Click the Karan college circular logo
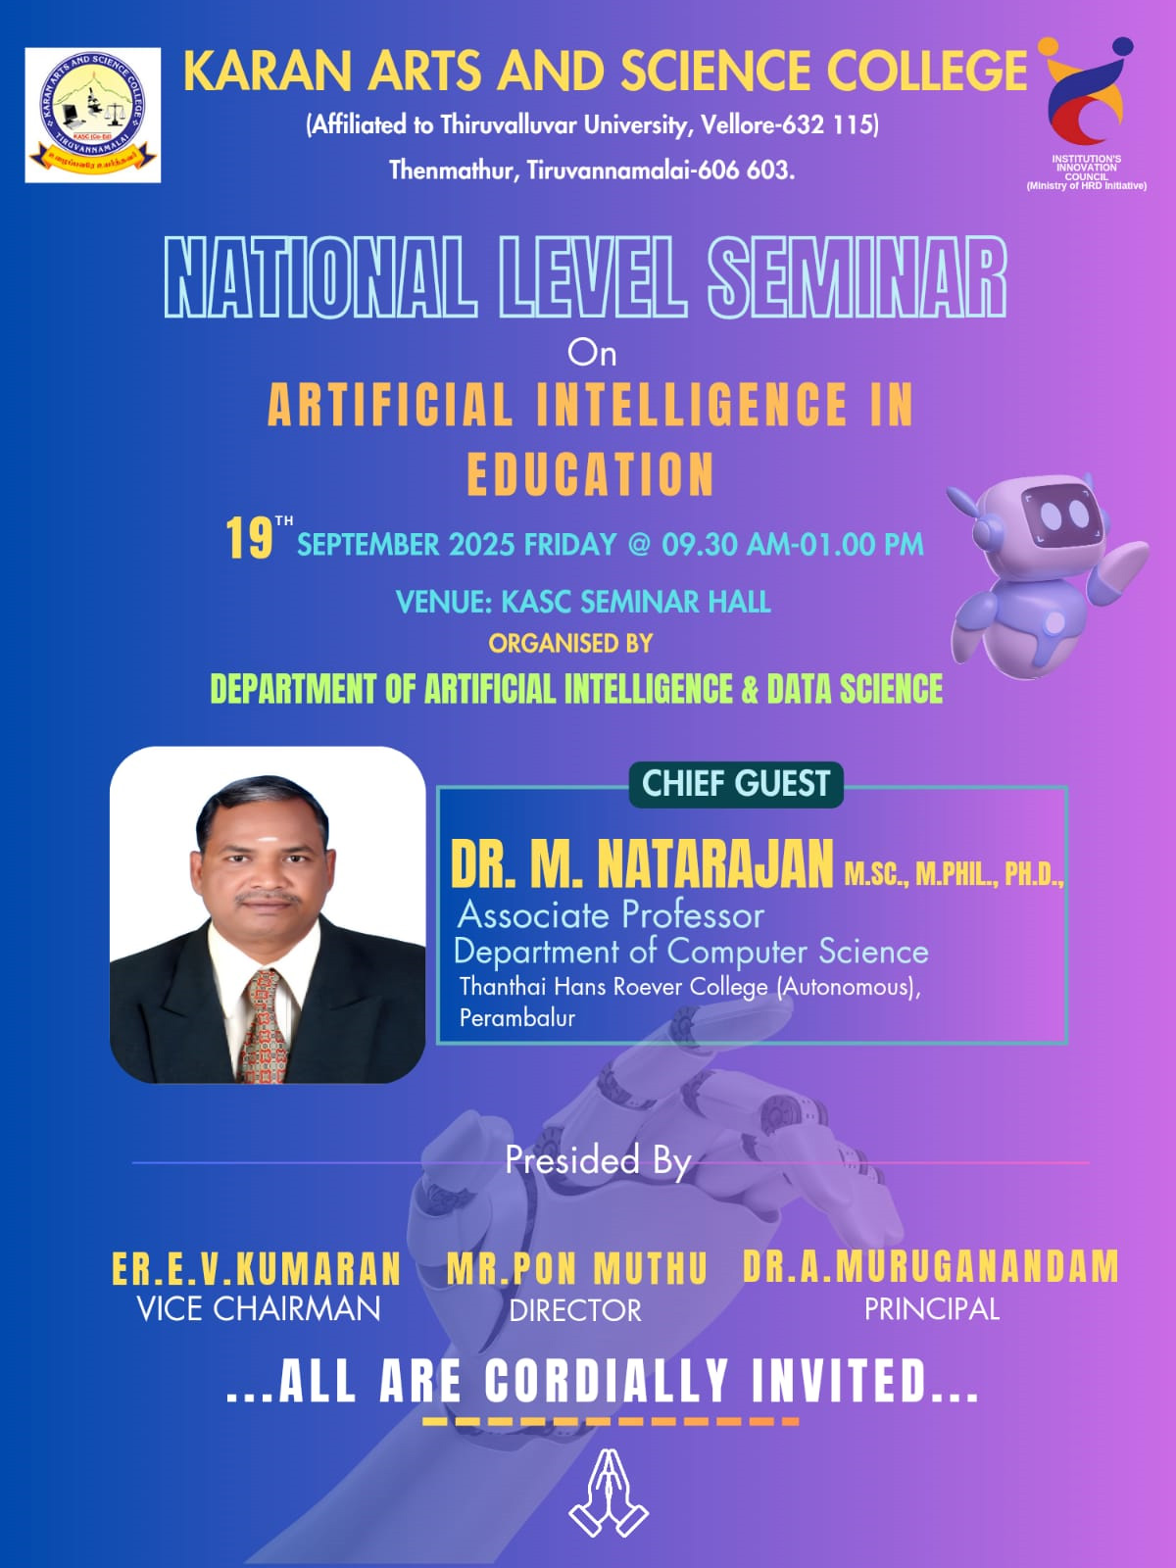point(93,115)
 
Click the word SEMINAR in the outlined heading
point(857,277)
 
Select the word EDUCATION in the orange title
point(590,474)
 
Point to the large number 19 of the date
point(249,538)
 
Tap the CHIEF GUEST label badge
point(735,784)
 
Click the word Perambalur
point(517,1017)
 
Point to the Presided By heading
point(598,1159)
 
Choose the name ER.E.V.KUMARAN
point(257,1269)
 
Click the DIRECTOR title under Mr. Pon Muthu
point(575,1311)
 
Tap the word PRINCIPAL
point(932,1309)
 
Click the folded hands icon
point(609,1493)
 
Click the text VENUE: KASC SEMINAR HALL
point(583,602)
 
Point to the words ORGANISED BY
point(570,644)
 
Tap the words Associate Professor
point(611,914)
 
